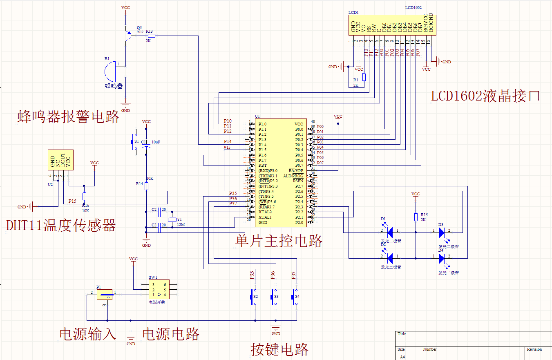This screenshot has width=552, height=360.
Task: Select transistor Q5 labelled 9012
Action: point(128,36)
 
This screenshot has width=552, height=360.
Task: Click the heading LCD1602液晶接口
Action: point(485,96)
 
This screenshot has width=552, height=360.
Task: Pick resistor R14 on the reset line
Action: point(146,186)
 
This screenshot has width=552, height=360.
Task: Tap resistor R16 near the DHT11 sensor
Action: point(84,196)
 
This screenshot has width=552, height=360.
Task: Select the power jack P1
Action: point(105,294)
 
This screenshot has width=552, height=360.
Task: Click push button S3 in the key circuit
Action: point(272,297)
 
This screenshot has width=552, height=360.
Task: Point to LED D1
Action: point(390,233)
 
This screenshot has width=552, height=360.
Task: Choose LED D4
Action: point(441,258)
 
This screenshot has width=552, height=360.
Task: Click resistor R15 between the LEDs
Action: point(416,217)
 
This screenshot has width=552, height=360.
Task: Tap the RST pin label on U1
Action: point(262,165)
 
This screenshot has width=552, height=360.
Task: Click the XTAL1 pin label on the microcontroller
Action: point(265,217)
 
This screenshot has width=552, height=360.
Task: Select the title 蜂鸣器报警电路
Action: point(68,116)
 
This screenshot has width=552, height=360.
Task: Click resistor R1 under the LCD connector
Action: point(364,77)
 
